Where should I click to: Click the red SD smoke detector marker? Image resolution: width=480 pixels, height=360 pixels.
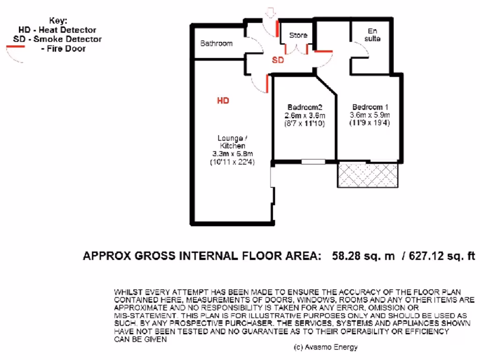point(278,60)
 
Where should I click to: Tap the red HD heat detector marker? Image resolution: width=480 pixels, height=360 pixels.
point(223,100)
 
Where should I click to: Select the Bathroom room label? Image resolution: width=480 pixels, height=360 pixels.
point(217,44)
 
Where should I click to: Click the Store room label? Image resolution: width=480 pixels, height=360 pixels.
point(298,35)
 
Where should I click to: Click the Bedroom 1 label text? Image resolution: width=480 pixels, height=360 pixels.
point(369,106)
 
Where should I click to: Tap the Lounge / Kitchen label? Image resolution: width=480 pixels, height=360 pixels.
point(231,142)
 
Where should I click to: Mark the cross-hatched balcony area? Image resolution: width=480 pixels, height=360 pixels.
point(367,175)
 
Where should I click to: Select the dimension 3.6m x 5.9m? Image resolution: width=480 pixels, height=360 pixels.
point(369,115)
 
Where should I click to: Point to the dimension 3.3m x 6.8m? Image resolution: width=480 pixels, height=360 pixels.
point(231,154)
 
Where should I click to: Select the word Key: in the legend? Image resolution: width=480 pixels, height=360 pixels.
point(58,21)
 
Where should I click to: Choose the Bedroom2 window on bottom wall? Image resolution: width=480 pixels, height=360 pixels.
point(313,162)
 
